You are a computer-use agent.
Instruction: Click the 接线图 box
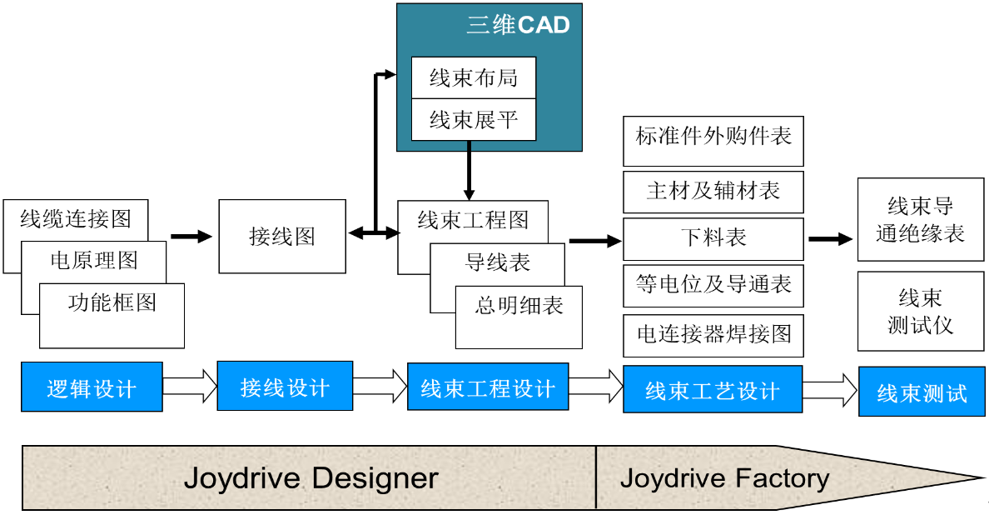[x=282, y=237]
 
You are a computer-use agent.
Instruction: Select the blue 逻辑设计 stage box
[x=92, y=387]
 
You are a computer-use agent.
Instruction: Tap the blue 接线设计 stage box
[x=285, y=387]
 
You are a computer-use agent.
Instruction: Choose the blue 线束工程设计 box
[x=488, y=387]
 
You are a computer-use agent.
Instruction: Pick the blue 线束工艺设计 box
[x=713, y=389]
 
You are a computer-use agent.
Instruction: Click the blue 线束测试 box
[x=922, y=392]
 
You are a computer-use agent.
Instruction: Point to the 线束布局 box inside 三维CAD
[x=474, y=77]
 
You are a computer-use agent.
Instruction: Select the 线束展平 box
[x=474, y=120]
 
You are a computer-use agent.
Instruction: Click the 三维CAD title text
[x=518, y=25]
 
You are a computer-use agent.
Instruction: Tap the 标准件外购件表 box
[x=713, y=136]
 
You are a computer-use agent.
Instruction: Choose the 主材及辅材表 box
[x=713, y=191]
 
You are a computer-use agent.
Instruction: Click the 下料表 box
[x=713, y=238]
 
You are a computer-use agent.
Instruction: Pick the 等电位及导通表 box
[x=713, y=285]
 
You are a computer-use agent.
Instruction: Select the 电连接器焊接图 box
[x=713, y=334]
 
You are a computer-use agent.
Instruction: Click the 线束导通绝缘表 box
[x=920, y=220]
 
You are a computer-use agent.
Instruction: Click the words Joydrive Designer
[x=311, y=478]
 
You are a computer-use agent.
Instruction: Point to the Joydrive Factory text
[x=724, y=478]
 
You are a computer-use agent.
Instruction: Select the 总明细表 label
[x=519, y=307]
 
